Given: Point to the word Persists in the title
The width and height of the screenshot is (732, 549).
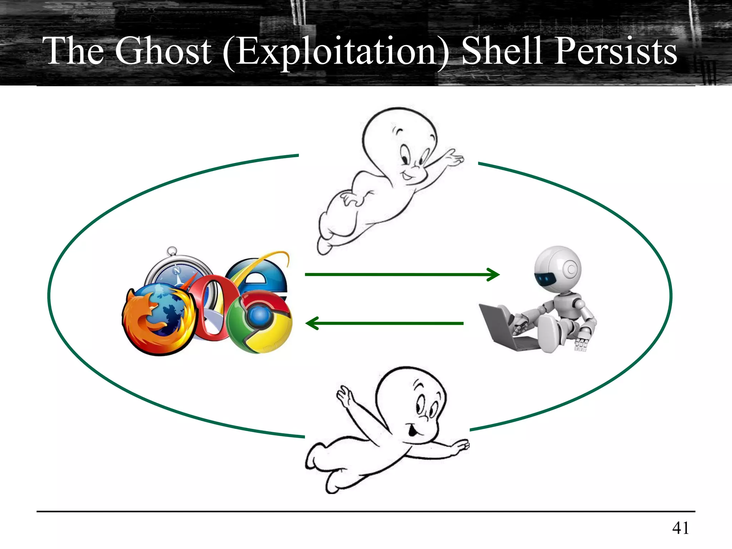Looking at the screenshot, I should (x=615, y=51).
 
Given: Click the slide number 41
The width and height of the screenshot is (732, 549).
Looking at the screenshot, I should (x=680, y=528).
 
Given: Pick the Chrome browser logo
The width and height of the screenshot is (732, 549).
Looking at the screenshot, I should (x=260, y=322).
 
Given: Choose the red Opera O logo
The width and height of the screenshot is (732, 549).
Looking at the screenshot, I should (x=211, y=307).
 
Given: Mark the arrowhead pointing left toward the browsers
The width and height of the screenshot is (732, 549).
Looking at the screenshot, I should (x=312, y=323).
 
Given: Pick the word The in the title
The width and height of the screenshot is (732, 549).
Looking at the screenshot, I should (x=73, y=51).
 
